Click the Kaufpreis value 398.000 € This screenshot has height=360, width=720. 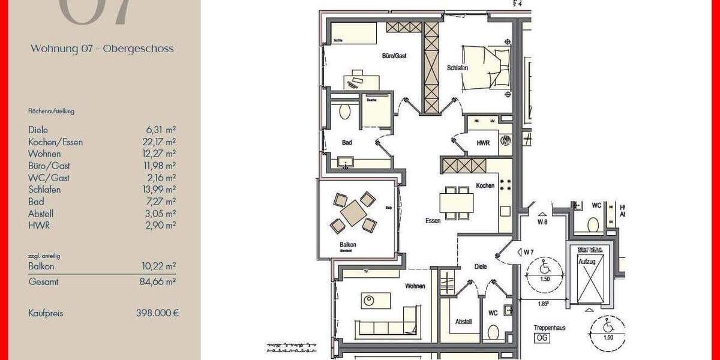[x=157, y=313]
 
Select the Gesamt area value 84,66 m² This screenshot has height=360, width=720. [x=162, y=281]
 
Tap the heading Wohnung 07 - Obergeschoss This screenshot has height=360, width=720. [x=102, y=49]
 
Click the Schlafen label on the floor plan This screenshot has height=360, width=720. [x=457, y=68]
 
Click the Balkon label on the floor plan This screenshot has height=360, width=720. [x=347, y=245]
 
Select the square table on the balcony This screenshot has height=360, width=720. [x=353, y=212]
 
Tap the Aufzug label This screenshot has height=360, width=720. [x=586, y=262]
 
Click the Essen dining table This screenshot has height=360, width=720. [x=456, y=203]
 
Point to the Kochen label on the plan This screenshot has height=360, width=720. [x=485, y=186]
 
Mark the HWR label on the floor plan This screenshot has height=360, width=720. [x=483, y=143]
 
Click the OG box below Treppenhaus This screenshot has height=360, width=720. [x=542, y=338]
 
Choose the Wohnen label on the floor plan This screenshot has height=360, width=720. [x=415, y=286]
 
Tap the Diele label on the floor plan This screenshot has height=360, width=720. [x=481, y=266]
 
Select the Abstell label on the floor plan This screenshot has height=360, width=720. [x=464, y=322]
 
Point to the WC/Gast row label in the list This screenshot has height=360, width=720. [x=49, y=178]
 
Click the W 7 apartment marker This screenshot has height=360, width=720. [x=528, y=252]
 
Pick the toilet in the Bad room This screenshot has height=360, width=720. [x=345, y=112]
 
